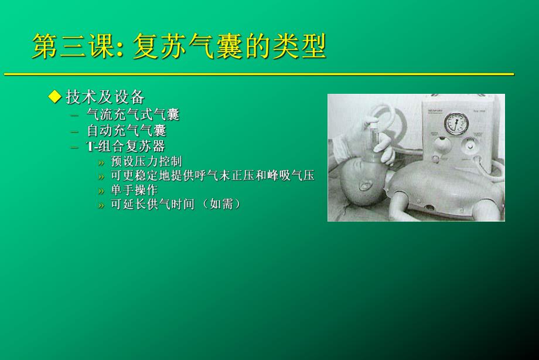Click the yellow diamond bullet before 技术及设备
coord(55,96)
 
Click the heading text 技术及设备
coord(105,97)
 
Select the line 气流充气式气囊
coord(133,114)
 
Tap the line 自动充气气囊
coord(126,130)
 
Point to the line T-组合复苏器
coord(125,147)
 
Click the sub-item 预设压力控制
coord(146,161)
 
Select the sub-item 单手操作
coord(134,190)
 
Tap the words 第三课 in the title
coord(71,47)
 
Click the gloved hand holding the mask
coord(366,132)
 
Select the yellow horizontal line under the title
coord(258,74)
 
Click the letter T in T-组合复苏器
coord(90,147)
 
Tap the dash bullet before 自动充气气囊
coord(74,131)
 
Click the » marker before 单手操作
coord(101,191)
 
